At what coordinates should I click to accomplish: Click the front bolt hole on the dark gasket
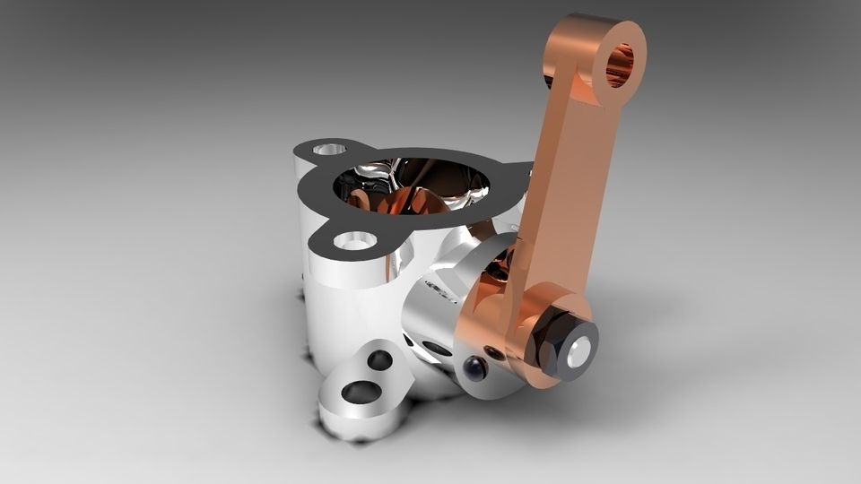pos(356,241)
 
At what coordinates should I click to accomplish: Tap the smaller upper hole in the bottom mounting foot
pos(379,360)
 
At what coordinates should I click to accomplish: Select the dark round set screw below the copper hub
pos(474,368)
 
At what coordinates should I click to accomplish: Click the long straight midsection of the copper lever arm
pos(561,179)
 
